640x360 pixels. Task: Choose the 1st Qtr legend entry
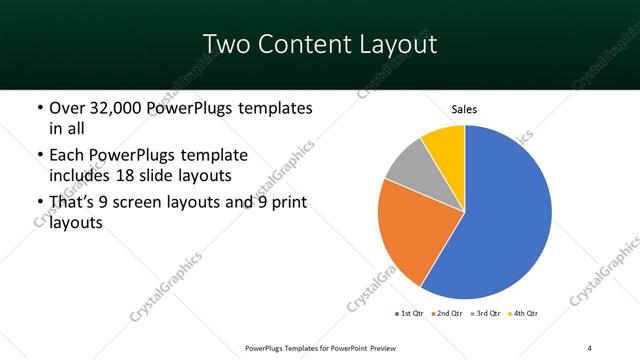tap(410, 314)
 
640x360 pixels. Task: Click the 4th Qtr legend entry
tap(524, 314)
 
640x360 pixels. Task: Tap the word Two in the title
tap(224, 44)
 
